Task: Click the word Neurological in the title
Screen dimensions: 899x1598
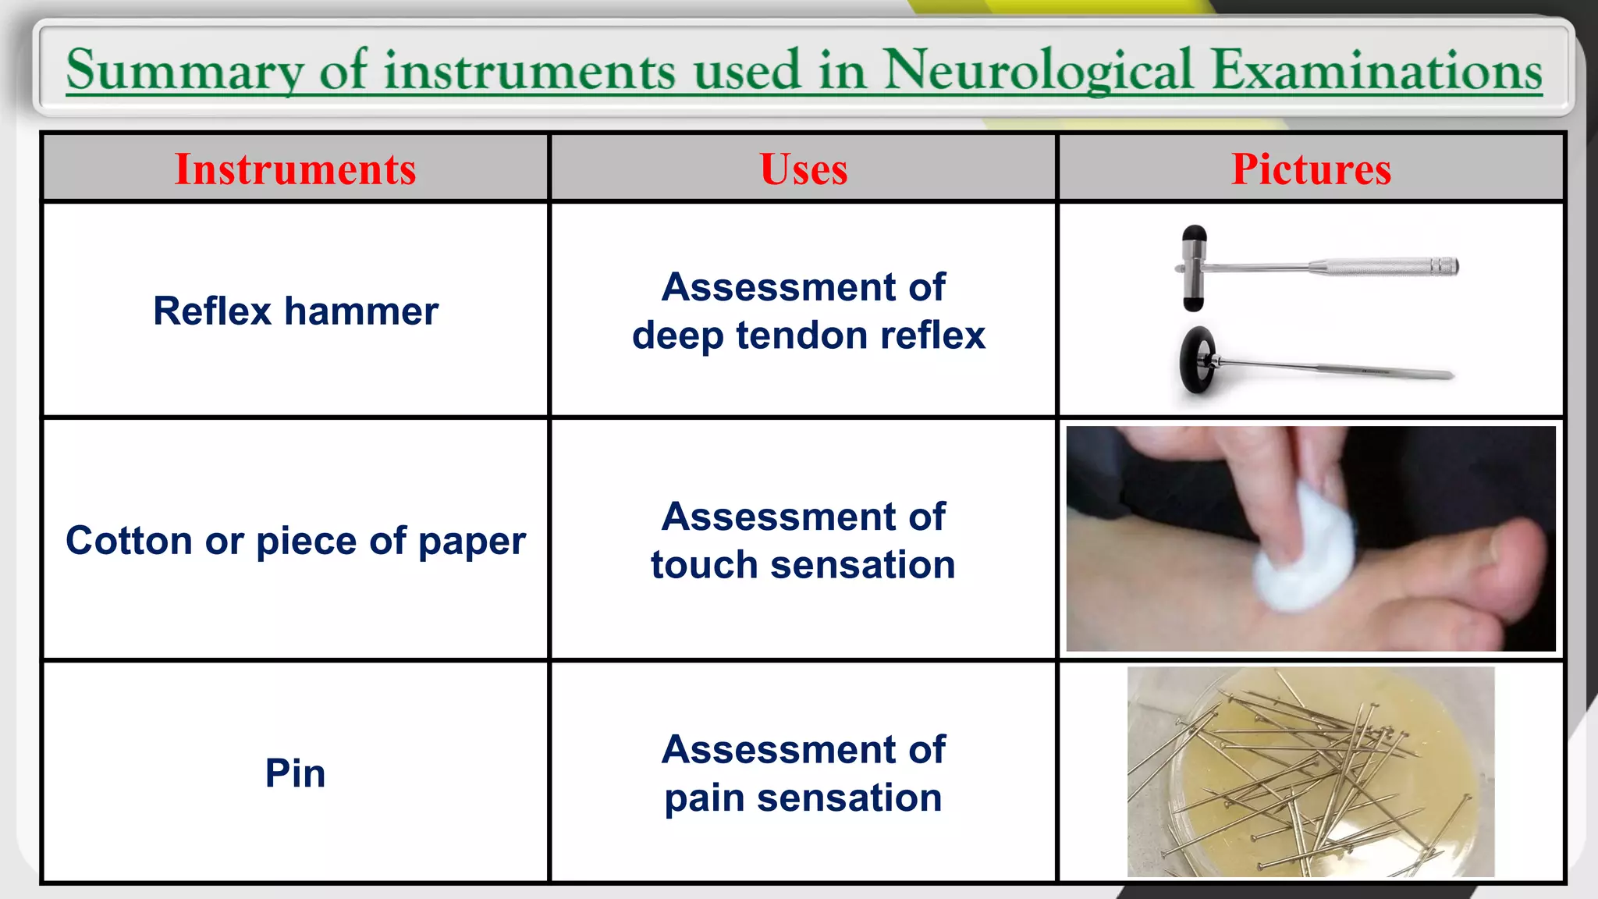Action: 1038,70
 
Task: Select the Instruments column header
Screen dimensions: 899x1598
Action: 295,169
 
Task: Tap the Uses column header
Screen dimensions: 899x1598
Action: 803,169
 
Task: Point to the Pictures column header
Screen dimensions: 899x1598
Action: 1311,169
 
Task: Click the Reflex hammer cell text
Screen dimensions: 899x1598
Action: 295,311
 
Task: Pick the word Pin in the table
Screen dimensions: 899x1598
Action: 295,773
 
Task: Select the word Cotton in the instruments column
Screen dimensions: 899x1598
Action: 129,541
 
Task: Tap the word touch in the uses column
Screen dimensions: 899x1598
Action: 704,565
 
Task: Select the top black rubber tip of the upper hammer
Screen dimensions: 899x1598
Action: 1194,236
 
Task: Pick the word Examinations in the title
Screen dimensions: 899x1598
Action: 1376,70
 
